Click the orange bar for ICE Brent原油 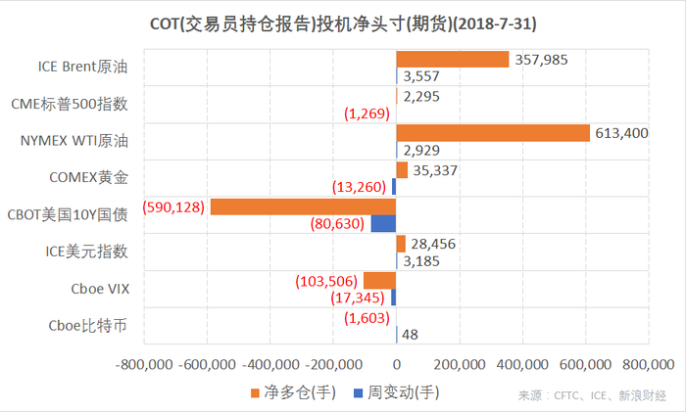pyautogui.click(x=452, y=59)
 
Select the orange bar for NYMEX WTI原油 pyautogui.click(x=492, y=133)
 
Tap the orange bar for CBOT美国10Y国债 pyautogui.click(x=303, y=206)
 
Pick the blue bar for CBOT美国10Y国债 pyautogui.click(x=383, y=224)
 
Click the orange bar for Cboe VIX pyautogui.click(x=379, y=281)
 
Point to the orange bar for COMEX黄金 pyautogui.click(x=401, y=169)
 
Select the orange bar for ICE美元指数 pyautogui.click(x=400, y=244)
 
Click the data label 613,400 pyautogui.click(x=621, y=133)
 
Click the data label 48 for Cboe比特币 pyautogui.click(x=411, y=336)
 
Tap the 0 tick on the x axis pyautogui.click(x=396, y=364)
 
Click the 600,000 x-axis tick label pyautogui.click(x=585, y=364)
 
